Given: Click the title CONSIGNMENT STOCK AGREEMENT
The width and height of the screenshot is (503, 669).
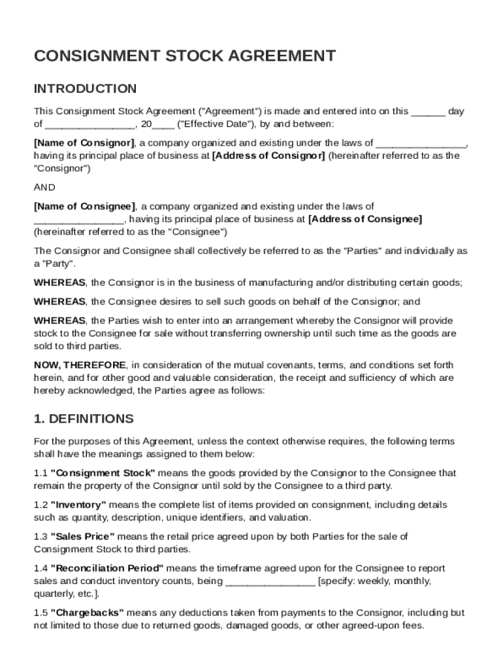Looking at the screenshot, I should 185,56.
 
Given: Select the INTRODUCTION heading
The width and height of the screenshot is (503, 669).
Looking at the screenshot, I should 85,89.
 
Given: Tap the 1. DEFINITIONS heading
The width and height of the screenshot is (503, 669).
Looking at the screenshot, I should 84,419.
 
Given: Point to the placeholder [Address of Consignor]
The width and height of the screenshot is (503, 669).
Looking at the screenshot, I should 268,155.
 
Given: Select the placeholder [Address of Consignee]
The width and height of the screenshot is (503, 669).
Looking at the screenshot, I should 365,220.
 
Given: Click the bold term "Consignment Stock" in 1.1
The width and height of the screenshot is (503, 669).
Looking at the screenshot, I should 103,473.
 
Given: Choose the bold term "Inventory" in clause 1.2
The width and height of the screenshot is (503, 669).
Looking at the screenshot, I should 78,505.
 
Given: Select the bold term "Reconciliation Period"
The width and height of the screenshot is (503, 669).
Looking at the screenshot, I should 107,568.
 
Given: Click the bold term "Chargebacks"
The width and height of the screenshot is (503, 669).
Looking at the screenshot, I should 88,613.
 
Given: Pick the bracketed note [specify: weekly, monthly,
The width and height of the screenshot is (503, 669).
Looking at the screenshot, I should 374,581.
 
